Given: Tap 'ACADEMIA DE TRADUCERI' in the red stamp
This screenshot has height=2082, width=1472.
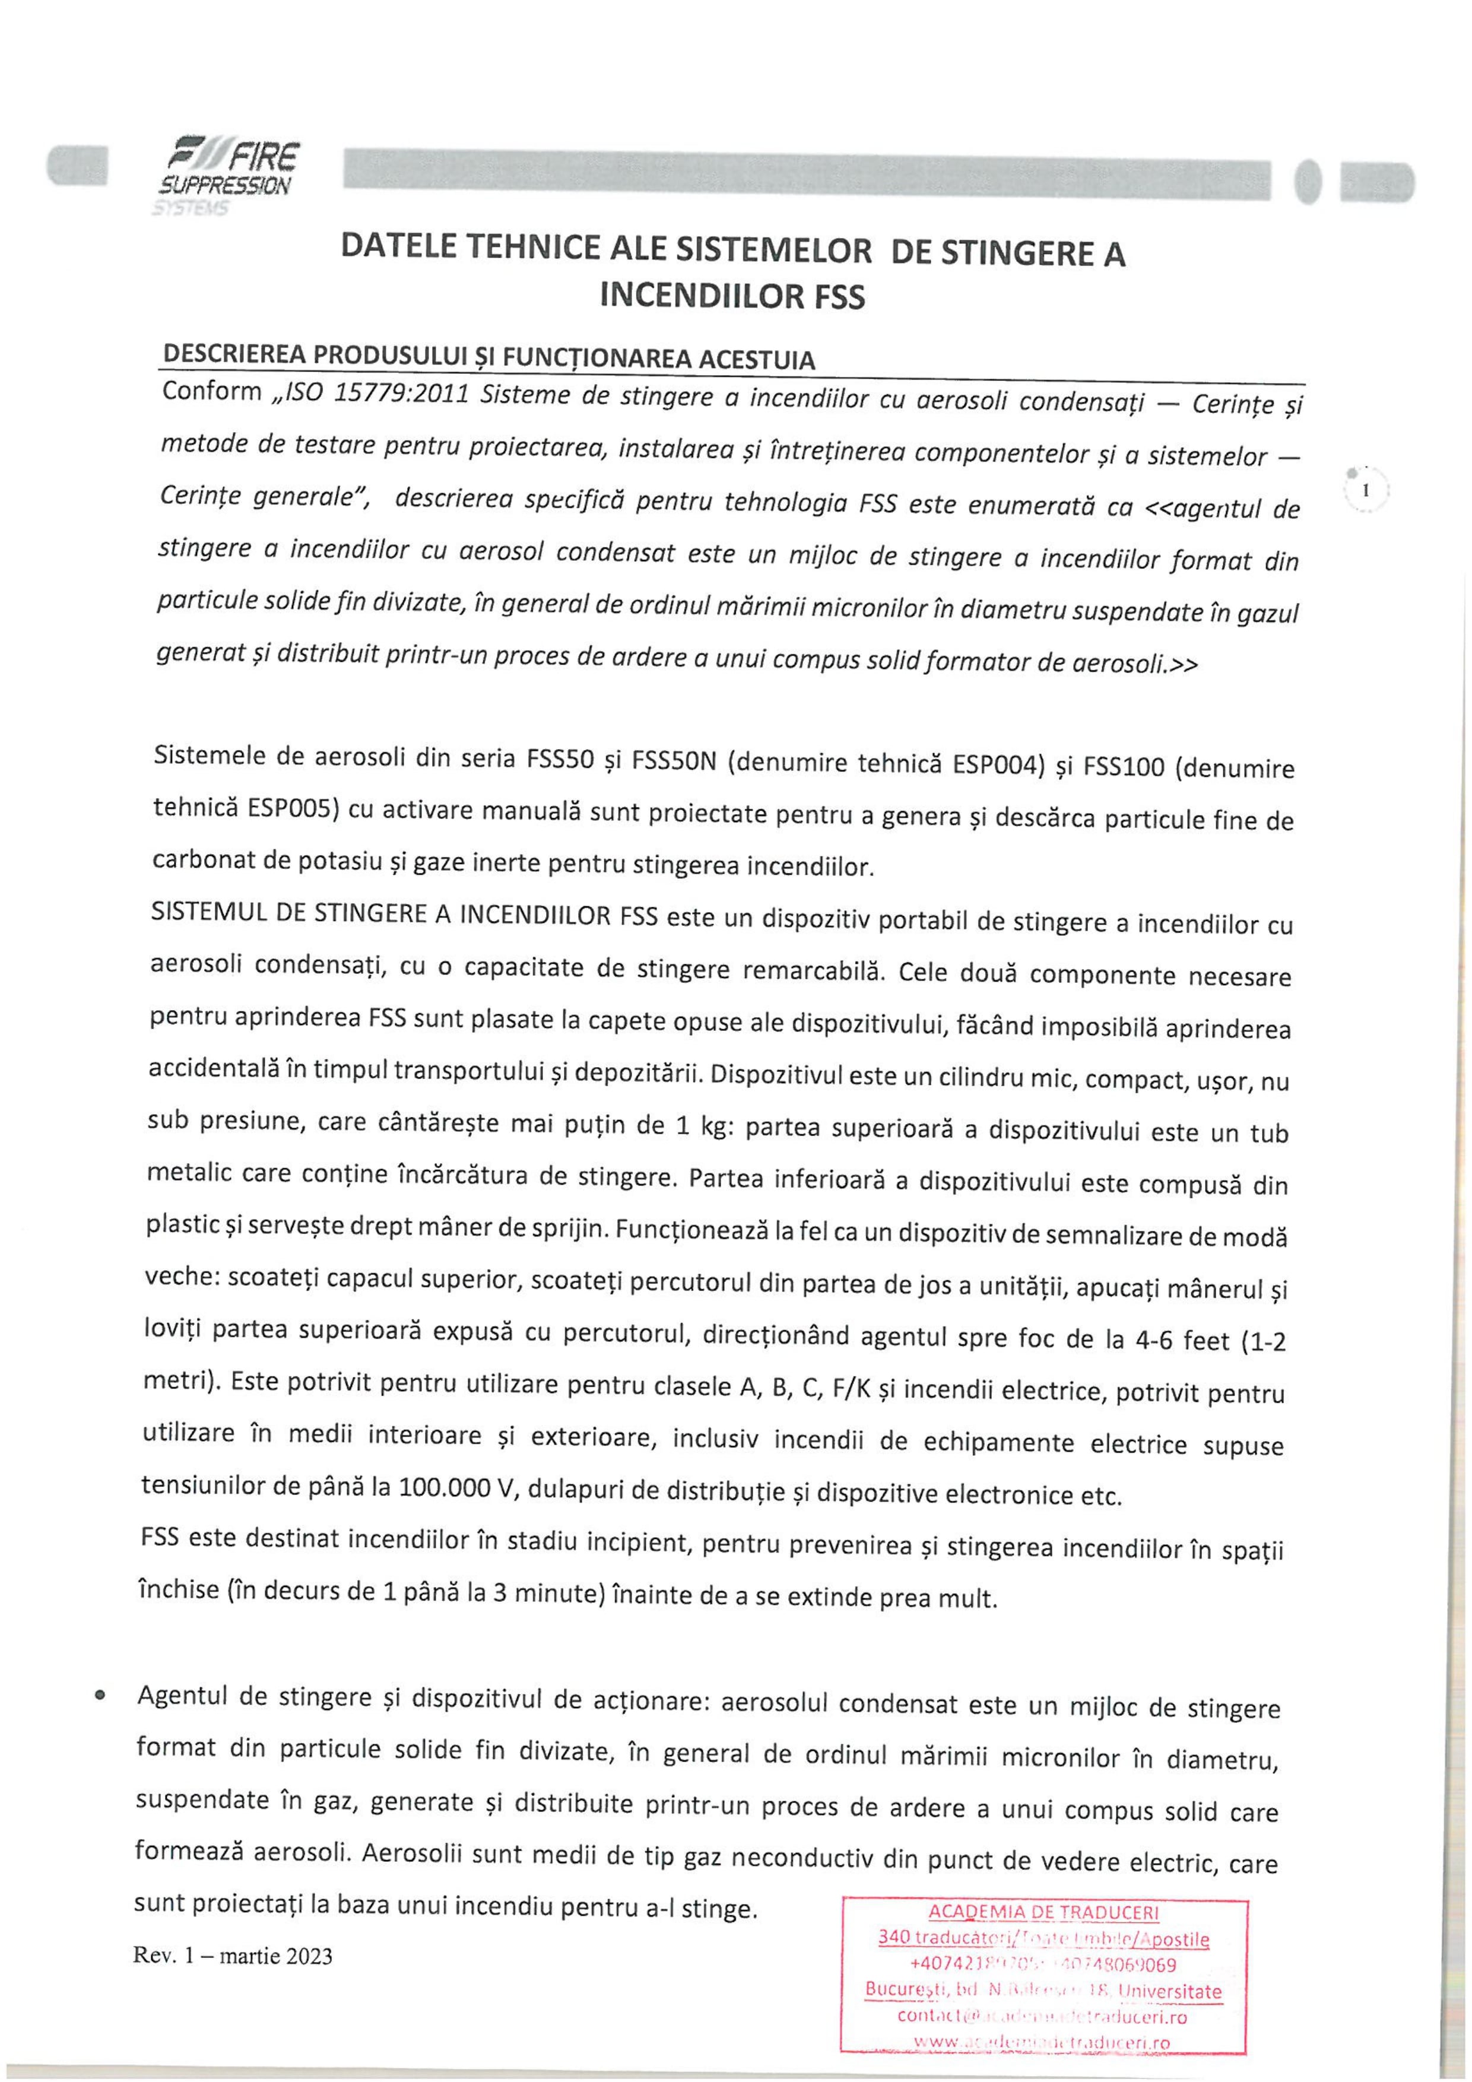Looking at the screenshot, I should pos(1044,1912).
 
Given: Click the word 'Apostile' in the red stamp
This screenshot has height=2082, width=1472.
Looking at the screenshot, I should pos(1175,1939).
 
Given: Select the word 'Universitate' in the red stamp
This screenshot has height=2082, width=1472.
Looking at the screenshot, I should pos(1170,1991).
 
